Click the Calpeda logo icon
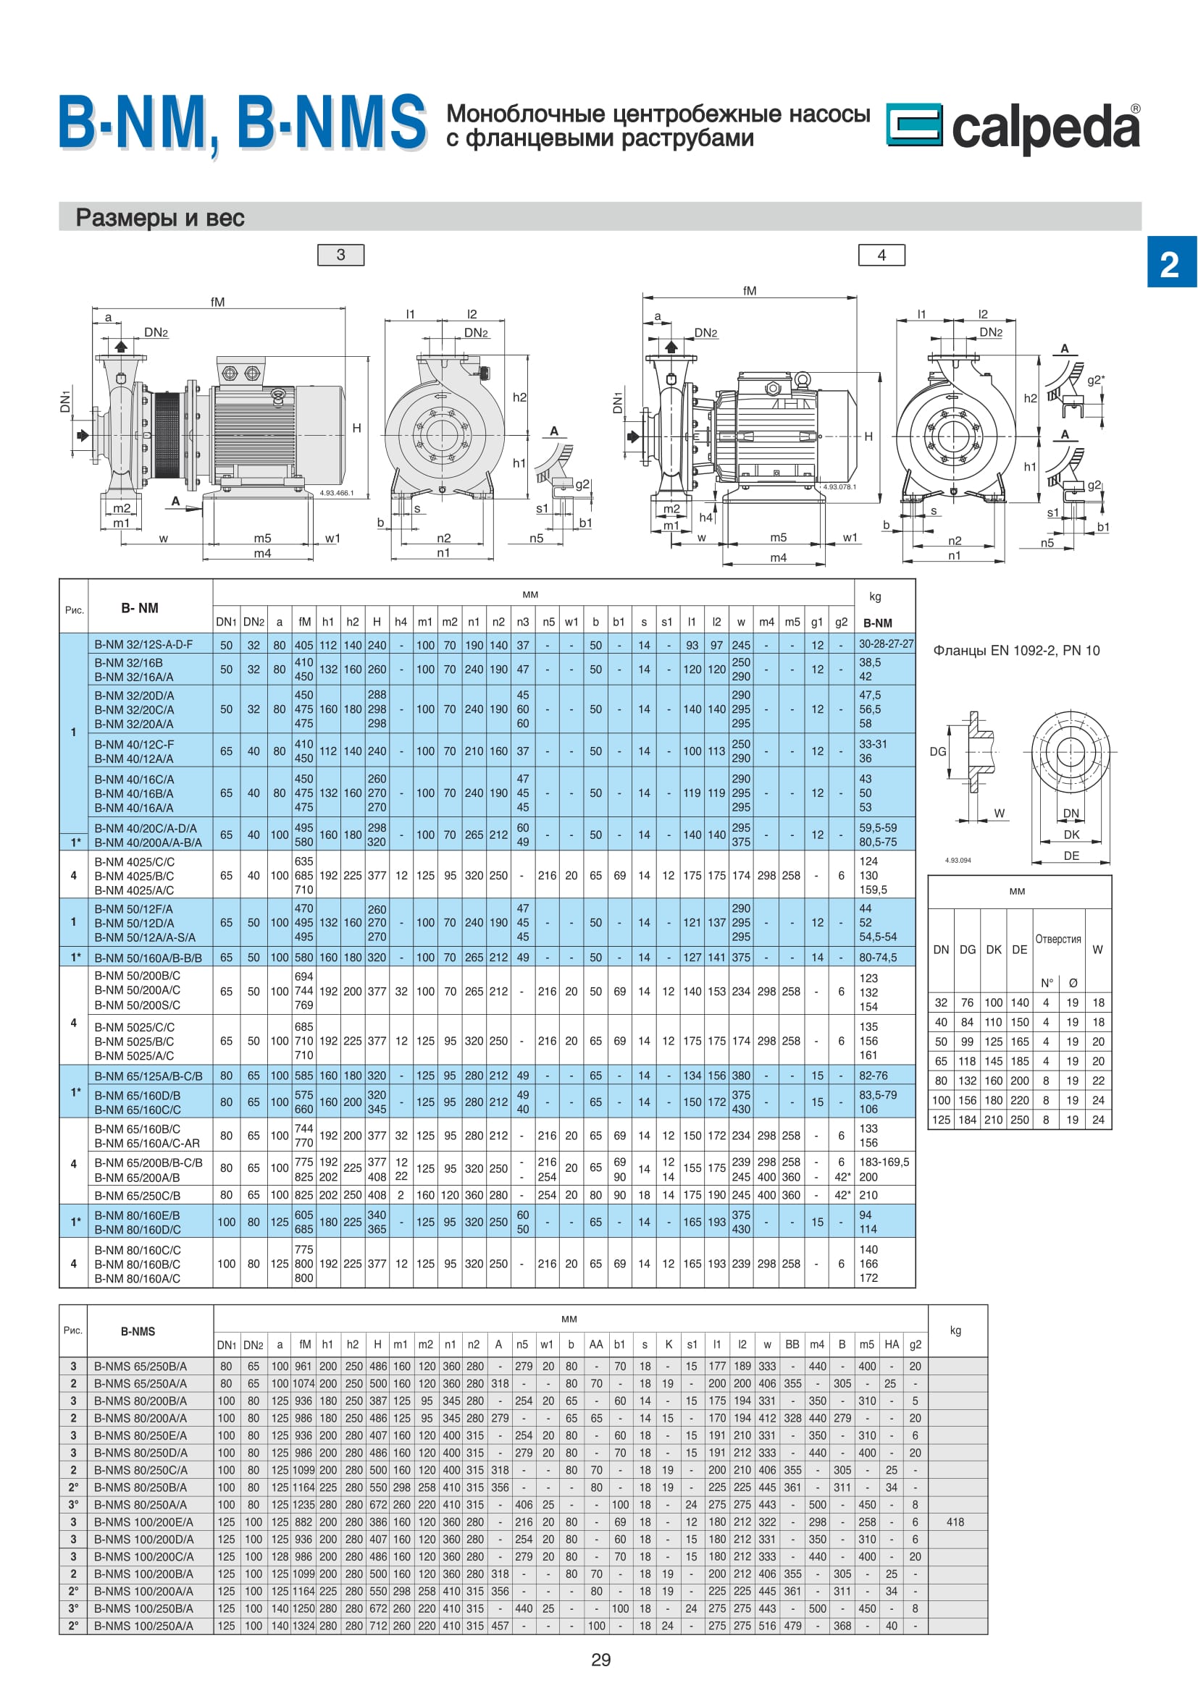coord(913,124)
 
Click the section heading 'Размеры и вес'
coord(160,218)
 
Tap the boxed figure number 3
coord(341,255)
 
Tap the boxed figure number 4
coord(881,255)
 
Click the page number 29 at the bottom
coord(601,1660)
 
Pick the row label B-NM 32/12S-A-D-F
coord(144,644)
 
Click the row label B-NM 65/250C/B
coord(137,1195)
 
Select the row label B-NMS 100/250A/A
coord(144,1625)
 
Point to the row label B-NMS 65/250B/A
coord(141,1366)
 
